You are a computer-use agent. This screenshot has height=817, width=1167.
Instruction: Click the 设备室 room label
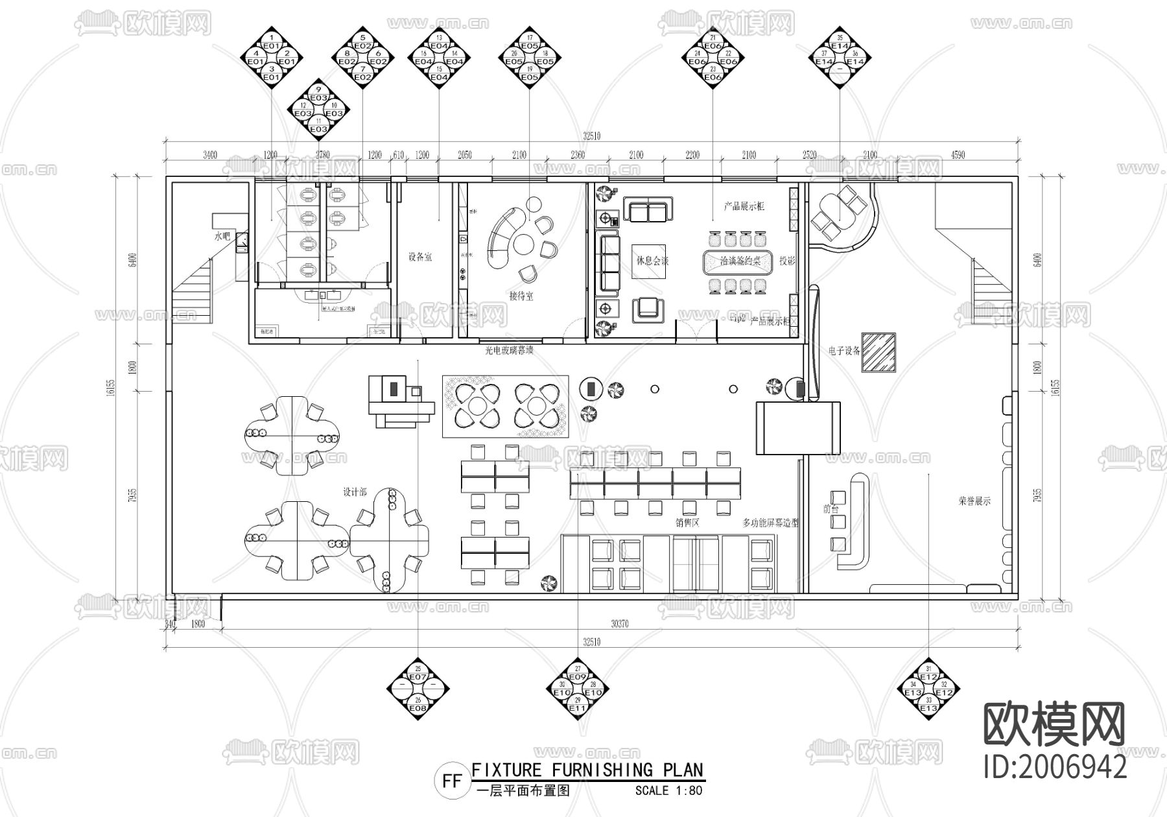point(419,257)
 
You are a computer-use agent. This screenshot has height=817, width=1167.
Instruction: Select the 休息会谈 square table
point(650,261)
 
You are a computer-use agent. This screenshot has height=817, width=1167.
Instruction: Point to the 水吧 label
point(222,237)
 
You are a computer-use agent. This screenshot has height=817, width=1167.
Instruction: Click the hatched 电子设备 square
point(878,352)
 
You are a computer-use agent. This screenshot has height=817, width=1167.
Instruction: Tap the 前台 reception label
point(831,509)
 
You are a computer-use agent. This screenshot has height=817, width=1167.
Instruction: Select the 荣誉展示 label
point(974,501)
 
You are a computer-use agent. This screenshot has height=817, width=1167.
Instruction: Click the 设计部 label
point(354,492)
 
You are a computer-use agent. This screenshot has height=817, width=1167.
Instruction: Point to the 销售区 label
point(687,522)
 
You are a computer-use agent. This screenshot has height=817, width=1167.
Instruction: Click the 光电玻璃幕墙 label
point(509,350)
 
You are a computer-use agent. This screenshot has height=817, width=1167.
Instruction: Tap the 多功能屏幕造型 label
point(770,522)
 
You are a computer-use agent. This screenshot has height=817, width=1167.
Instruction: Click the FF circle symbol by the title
point(452,781)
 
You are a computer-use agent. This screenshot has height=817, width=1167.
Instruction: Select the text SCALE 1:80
point(668,790)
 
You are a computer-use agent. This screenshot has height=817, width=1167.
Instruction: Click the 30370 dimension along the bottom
point(619,624)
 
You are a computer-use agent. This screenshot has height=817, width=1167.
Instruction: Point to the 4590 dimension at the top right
point(958,155)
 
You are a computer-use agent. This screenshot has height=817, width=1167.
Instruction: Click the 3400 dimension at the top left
point(210,155)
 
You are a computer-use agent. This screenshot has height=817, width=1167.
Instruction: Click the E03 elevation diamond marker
point(318,109)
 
